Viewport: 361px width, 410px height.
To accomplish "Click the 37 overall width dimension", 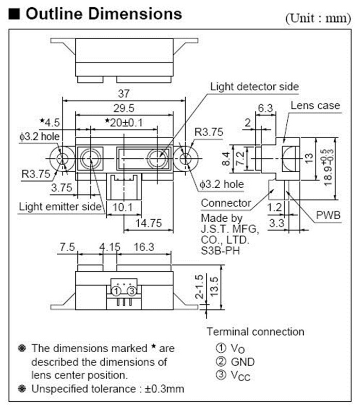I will coord(124,94).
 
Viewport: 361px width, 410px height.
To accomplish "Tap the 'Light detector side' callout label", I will coord(254,87).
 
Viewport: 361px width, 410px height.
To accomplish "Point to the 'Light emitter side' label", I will coord(60,207).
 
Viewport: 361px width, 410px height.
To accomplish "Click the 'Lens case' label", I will coord(315,106).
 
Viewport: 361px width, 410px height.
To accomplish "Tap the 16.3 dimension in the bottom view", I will coord(143,247).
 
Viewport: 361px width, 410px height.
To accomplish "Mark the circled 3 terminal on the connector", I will coord(132,291).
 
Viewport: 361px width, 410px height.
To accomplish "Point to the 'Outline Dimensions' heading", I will coord(103,14).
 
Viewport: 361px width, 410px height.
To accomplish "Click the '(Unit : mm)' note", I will coord(318,19).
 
